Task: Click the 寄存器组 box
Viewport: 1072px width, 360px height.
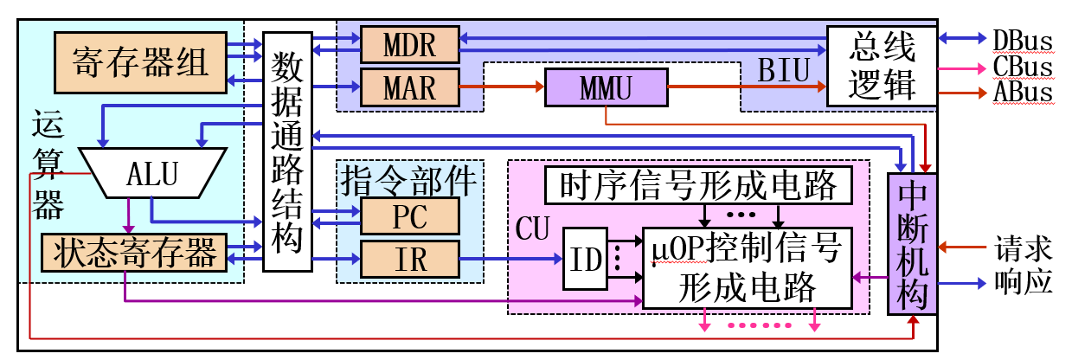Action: (x=140, y=62)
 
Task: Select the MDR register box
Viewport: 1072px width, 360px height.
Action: (x=409, y=44)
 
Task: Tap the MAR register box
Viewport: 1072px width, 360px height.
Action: (x=409, y=87)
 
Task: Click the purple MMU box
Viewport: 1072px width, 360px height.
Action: (x=606, y=87)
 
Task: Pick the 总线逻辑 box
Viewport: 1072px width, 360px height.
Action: (x=883, y=66)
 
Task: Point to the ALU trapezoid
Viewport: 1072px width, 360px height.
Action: (x=152, y=172)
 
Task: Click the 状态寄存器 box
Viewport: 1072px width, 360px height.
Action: (x=134, y=253)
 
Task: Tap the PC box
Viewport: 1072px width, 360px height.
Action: (x=409, y=216)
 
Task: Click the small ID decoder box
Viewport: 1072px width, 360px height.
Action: (x=585, y=258)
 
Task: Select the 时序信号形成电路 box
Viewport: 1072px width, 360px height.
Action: (x=698, y=184)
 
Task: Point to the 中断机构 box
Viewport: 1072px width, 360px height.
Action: (x=913, y=243)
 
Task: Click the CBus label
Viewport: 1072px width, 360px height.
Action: (x=1022, y=67)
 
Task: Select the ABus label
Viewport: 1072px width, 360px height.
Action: (x=1022, y=92)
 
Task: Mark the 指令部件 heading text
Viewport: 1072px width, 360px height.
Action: (x=409, y=180)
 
